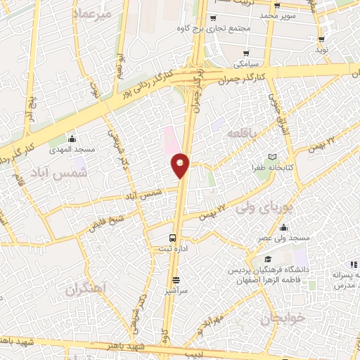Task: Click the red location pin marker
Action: [x=181, y=165]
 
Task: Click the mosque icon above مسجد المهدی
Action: [x=71, y=138]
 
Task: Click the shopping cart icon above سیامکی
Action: [x=245, y=53]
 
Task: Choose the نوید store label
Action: [x=321, y=50]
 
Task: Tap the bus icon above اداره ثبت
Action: [x=174, y=238]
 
